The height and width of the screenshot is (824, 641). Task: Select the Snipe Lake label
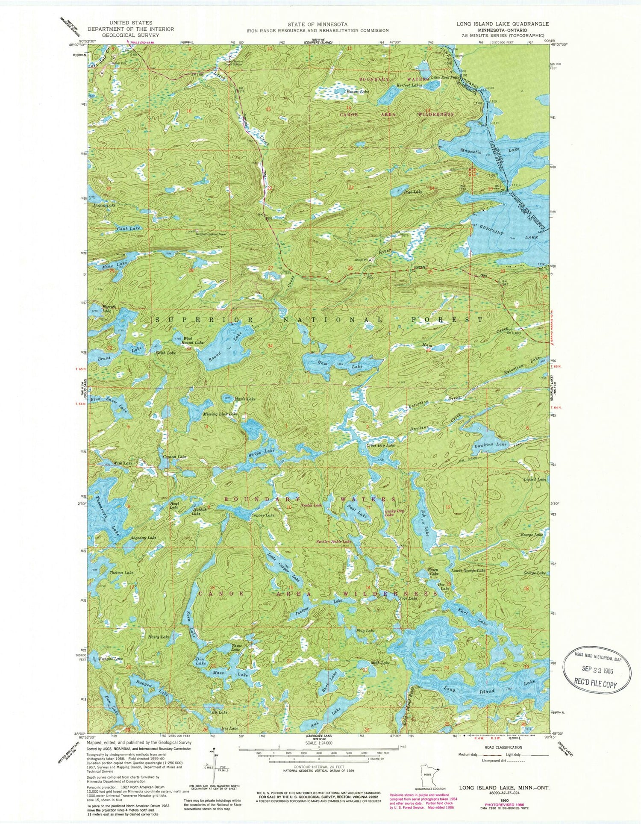click(x=261, y=453)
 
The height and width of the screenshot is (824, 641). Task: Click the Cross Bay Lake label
click(x=381, y=445)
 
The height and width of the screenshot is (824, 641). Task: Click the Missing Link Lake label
click(x=220, y=414)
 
